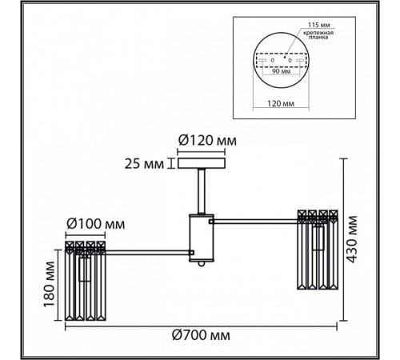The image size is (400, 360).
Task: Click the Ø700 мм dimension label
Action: click(x=201, y=335)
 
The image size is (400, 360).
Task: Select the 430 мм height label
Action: click(x=353, y=239)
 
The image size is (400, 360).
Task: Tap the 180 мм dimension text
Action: click(x=50, y=284)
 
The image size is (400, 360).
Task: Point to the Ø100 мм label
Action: click(x=96, y=224)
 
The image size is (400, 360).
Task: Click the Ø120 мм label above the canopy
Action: click(x=207, y=140)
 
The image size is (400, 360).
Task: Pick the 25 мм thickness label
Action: click(x=144, y=164)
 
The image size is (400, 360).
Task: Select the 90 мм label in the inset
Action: click(x=282, y=71)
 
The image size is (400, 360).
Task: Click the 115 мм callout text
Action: click(x=319, y=25)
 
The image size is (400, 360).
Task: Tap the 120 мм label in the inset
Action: click(x=281, y=103)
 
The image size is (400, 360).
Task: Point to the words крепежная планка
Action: click(x=318, y=35)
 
